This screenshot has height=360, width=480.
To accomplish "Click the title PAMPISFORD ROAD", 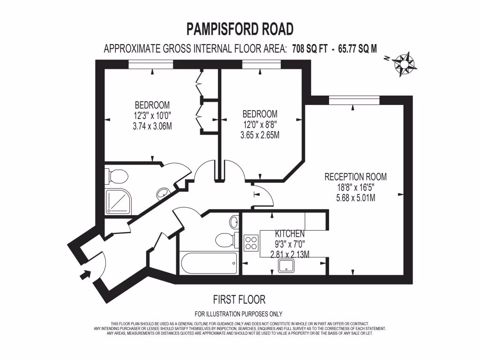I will click(x=240, y=29).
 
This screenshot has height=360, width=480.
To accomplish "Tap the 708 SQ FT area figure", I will click(x=310, y=48).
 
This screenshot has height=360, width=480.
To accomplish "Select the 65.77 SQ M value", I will click(x=357, y=48).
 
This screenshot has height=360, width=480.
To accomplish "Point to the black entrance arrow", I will click(x=84, y=274).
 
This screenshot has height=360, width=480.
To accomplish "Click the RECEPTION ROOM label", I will click(x=355, y=177).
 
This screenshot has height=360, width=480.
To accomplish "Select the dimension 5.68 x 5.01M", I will click(x=355, y=198).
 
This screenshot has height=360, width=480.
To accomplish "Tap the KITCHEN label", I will click(x=290, y=233).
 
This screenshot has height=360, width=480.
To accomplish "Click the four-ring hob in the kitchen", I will click(x=251, y=243).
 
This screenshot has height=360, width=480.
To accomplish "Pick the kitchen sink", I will click(x=286, y=266).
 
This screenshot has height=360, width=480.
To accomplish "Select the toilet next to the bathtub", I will click(x=226, y=240).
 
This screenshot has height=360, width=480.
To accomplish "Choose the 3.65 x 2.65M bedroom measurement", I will click(x=260, y=135).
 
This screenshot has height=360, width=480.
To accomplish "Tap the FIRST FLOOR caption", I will click(x=239, y=299).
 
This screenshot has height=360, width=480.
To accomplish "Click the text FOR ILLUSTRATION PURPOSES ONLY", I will click(x=239, y=314).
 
